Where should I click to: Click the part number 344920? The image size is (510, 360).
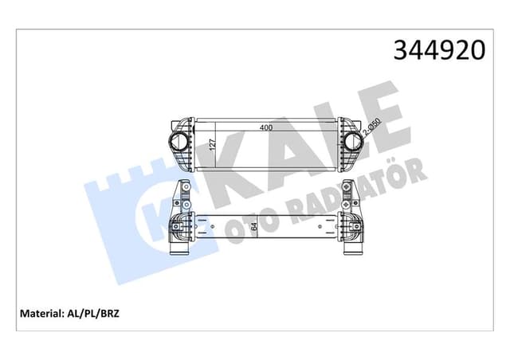pyautogui.click(x=439, y=50)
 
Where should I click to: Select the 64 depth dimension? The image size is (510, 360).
pyautogui.click(x=253, y=226)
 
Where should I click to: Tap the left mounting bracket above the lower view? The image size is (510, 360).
pyautogui.click(x=180, y=194)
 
